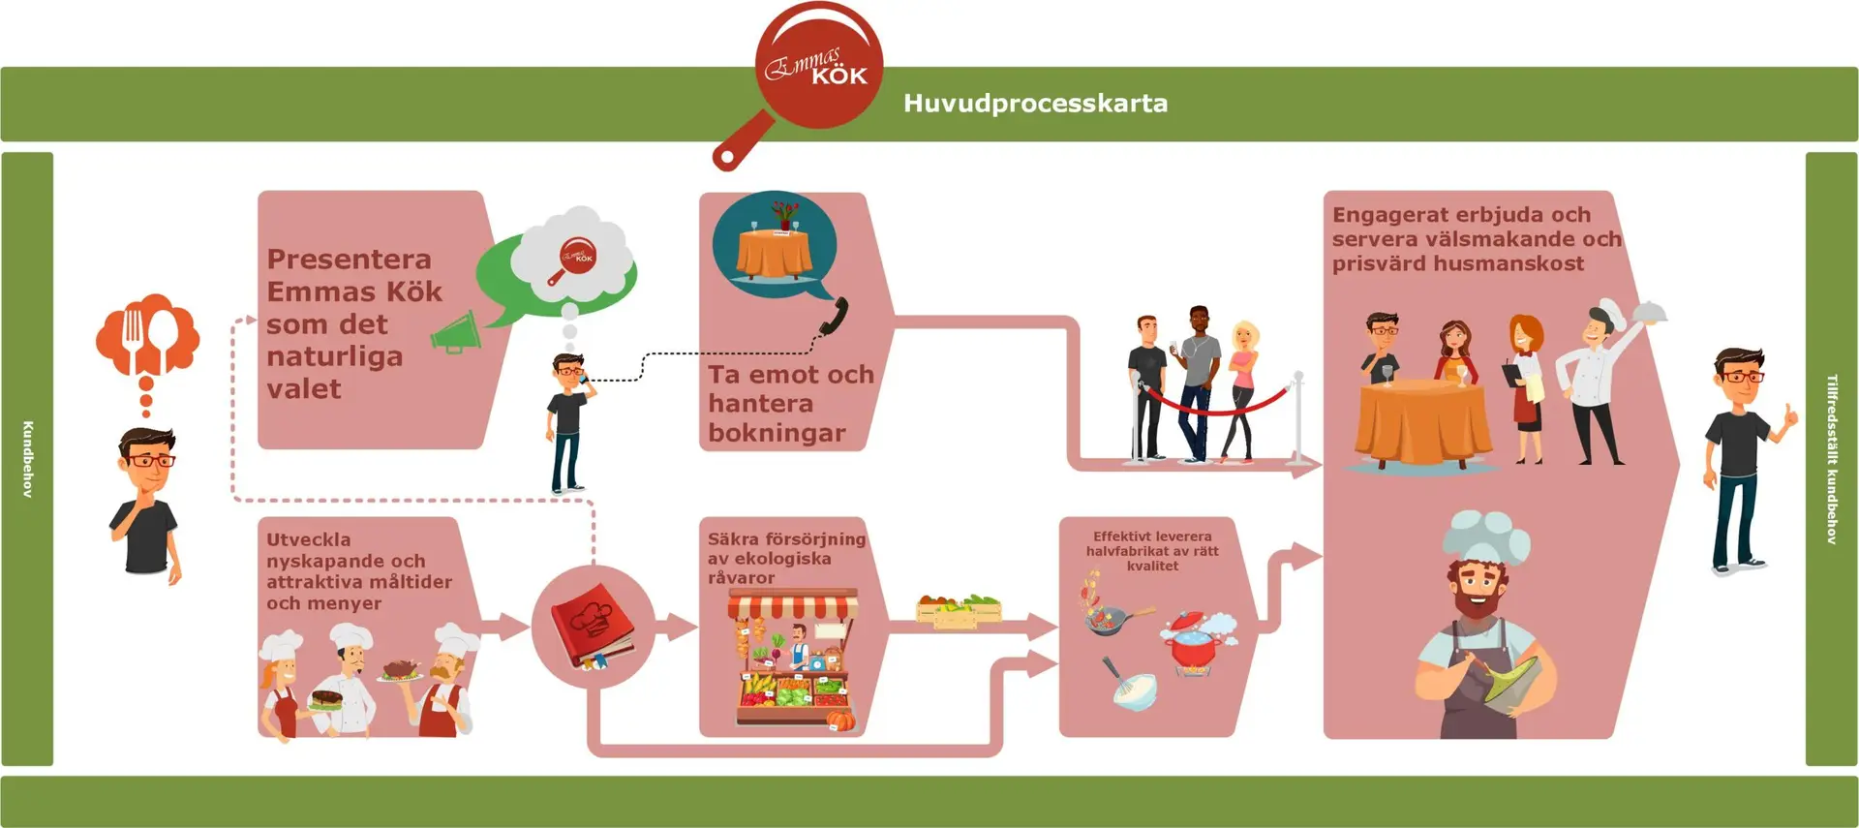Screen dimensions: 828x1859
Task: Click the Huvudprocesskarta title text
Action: (x=1035, y=104)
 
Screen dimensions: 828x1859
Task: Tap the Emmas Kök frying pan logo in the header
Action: (x=818, y=68)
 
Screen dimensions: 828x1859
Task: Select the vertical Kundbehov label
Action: (x=27, y=459)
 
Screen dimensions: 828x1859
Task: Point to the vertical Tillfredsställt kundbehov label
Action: (x=1831, y=459)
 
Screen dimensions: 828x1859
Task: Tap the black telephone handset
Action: (x=834, y=316)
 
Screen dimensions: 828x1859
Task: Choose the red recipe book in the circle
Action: (x=592, y=624)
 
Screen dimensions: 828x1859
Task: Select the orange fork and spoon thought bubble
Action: (x=147, y=335)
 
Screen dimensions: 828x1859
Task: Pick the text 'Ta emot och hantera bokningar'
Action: (x=789, y=403)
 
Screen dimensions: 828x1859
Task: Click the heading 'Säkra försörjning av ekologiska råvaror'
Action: (x=785, y=558)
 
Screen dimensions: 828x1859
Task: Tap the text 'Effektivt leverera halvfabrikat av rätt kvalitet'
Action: (x=1152, y=550)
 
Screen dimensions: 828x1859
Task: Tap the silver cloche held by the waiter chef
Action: (x=1650, y=311)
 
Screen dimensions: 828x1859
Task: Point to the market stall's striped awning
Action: (x=793, y=606)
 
